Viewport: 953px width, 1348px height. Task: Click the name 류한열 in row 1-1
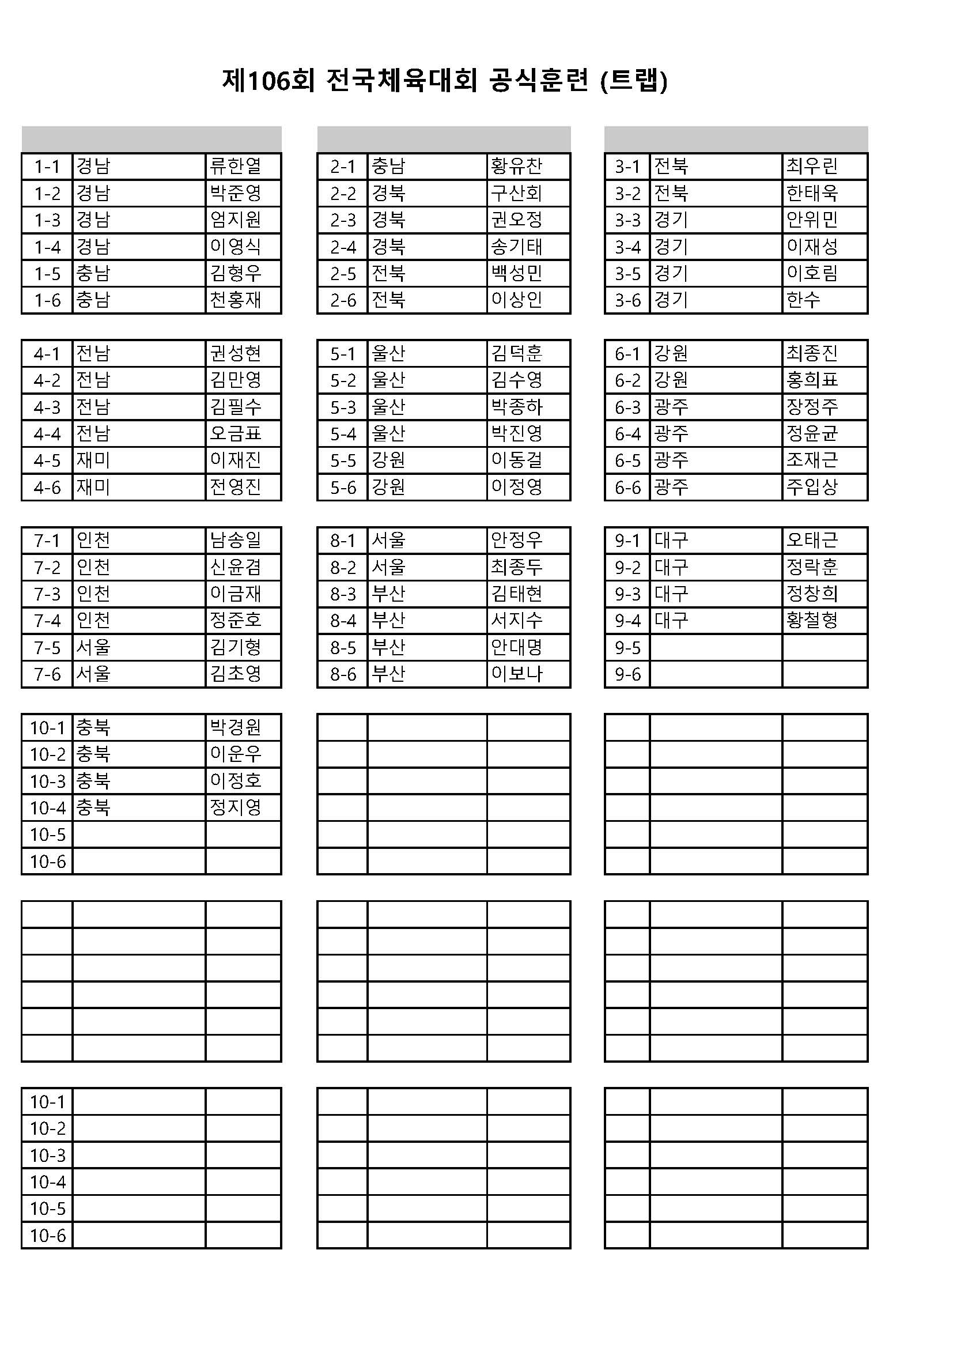[x=235, y=166]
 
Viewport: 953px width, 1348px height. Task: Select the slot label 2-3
[x=343, y=220]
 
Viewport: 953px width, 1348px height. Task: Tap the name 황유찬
[x=516, y=166]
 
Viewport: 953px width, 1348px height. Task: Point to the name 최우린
[x=812, y=166]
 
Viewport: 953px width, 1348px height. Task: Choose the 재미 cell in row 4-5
[x=93, y=460]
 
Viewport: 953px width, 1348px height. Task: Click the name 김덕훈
[x=516, y=353]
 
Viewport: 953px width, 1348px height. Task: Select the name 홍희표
[x=812, y=380]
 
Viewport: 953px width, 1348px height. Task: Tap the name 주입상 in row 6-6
[x=812, y=487]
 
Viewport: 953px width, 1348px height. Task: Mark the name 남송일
[x=235, y=540]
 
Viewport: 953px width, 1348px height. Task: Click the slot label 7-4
[x=47, y=621]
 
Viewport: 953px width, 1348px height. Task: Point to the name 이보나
[x=516, y=674]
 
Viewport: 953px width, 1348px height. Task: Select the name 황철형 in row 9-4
[x=812, y=621]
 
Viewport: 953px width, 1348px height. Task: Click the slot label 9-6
[x=627, y=674]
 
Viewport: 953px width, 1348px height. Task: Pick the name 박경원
[x=235, y=727]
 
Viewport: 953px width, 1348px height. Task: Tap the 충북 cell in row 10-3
[x=93, y=781]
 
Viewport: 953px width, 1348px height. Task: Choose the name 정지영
[x=235, y=808]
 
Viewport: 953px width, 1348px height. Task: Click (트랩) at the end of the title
[x=634, y=81]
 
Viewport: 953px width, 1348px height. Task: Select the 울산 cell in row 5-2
[x=388, y=380]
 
